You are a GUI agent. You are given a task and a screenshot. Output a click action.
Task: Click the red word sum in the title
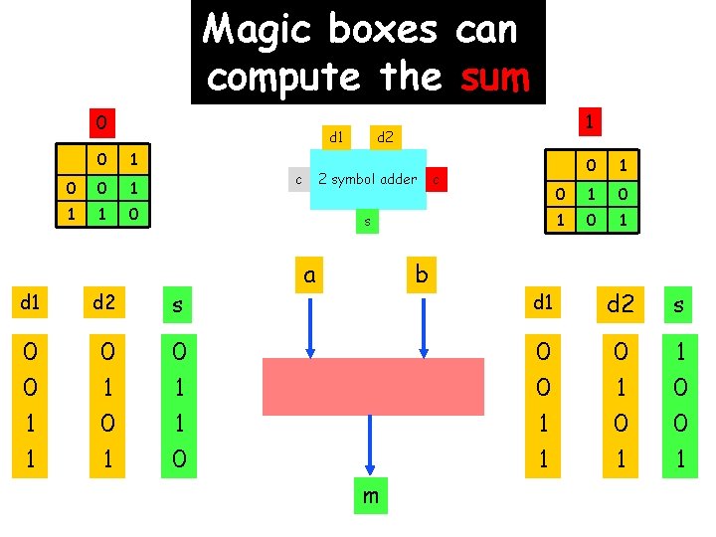(494, 77)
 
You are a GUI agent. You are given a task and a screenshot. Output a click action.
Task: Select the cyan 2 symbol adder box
(368, 179)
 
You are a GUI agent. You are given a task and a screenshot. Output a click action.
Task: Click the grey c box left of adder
(298, 179)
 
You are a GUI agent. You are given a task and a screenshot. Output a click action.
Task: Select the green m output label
(370, 495)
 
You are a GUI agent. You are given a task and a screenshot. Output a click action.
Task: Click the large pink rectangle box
(373, 386)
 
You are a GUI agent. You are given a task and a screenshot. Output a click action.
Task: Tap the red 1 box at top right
(590, 121)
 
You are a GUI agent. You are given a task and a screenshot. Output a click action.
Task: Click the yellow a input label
(310, 273)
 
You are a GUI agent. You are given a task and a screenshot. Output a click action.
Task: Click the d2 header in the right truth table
(620, 303)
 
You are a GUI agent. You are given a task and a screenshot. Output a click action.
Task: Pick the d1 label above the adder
(336, 134)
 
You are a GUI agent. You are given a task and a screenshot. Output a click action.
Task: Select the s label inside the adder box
(367, 222)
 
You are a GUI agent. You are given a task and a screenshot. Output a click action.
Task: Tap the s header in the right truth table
(679, 304)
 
